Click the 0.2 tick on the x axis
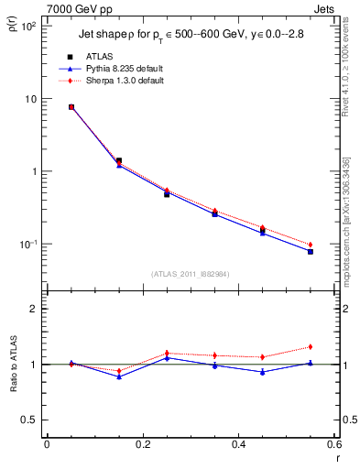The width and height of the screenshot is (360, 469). (x=142, y=446)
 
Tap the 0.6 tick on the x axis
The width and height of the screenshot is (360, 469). (x=334, y=446)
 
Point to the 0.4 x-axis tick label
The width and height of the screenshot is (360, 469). (x=238, y=446)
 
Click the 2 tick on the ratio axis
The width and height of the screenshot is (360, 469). (x=34, y=309)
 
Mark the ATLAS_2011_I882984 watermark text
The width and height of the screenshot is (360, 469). (x=191, y=273)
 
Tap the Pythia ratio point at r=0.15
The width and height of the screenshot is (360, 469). (x=119, y=376)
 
